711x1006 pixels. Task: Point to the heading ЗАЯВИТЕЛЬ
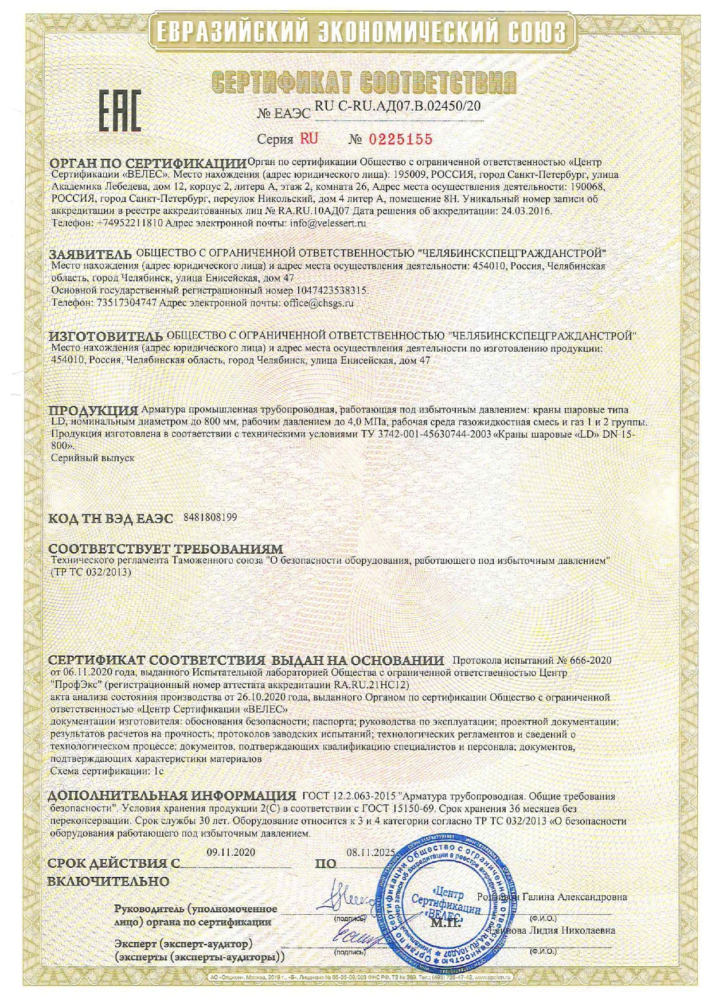(x=91, y=254)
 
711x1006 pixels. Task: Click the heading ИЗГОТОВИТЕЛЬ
(x=106, y=336)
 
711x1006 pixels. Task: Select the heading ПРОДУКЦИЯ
(x=93, y=411)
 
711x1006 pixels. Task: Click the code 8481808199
(x=210, y=517)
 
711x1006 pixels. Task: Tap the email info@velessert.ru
(x=329, y=223)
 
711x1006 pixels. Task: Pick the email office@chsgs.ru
(x=318, y=303)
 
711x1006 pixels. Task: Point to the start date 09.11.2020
(x=231, y=852)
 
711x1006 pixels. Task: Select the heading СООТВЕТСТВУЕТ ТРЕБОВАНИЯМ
(x=166, y=549)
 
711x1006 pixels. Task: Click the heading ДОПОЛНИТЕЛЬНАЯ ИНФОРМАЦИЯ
(x=172, y=796)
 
